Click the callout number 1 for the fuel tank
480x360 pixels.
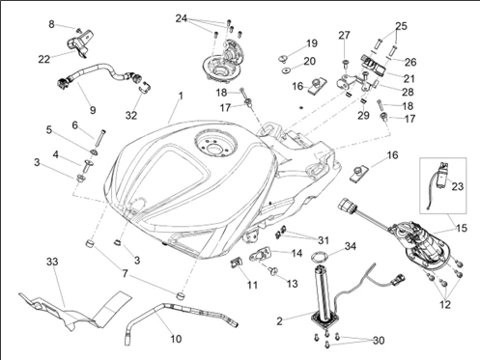point(181,96)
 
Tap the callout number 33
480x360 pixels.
point(52,262)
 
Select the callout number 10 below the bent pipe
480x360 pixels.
point(176,339)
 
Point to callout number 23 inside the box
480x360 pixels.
point(457,186)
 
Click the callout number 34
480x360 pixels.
point(351,246)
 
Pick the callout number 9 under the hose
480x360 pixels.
point(93,110)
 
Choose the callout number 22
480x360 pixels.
point(44,59)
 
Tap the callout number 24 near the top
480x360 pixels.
point(182,18)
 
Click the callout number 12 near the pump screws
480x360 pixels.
point(445,304)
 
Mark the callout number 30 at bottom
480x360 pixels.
point(379,340)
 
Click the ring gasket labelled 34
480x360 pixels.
point(318,257)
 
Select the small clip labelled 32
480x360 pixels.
point(145,88)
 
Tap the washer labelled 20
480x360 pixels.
point(286,70)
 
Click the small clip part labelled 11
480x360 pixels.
point(236,263)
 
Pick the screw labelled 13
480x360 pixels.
point(274,271)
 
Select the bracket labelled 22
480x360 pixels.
point(80,43)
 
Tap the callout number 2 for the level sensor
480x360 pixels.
point(279,321)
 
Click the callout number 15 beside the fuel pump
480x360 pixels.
point(462,228)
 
